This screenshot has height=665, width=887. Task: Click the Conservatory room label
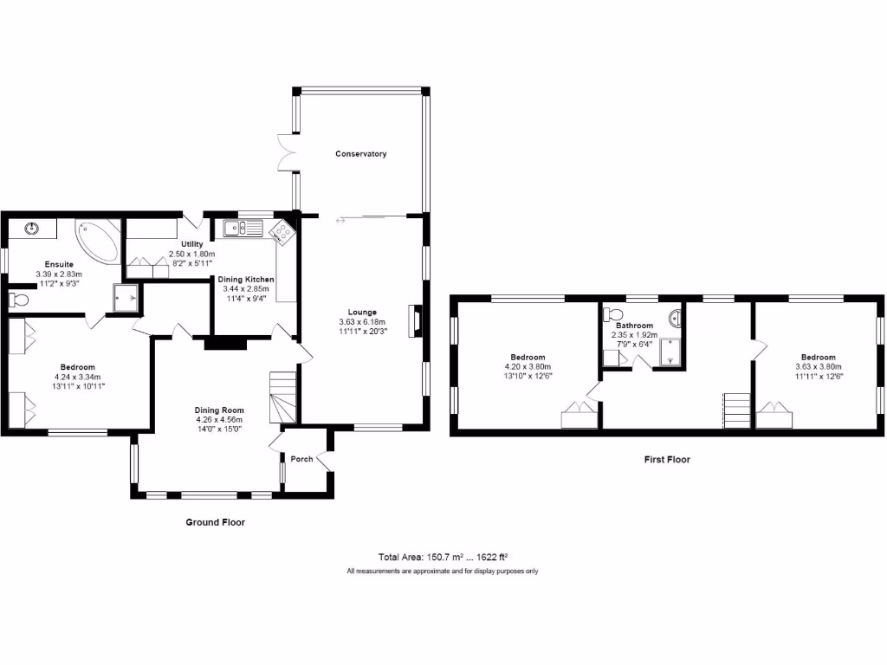[361, 154]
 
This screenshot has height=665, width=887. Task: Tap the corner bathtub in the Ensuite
[97, 241]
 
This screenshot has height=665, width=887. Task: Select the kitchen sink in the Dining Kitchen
[243, 229]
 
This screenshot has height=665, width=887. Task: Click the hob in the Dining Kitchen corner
[282, 231]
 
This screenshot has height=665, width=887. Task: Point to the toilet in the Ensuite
[19, 300]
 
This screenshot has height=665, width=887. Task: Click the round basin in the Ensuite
[33, 229]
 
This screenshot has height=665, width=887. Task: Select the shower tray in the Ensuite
[127, 296]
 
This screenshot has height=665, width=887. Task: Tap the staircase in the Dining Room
[284, 397]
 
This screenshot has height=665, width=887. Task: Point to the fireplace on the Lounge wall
[417, 320]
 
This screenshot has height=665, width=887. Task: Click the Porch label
[301, 459]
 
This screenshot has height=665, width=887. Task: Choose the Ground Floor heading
[216, 522]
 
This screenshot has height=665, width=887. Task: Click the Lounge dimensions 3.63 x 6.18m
[364, 321]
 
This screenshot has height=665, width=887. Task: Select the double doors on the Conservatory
[286, 154]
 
